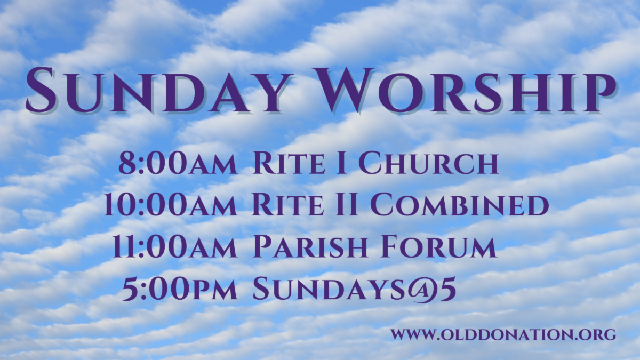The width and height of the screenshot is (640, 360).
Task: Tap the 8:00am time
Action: coord(178,163)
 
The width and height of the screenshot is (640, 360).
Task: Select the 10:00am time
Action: coord(170,205)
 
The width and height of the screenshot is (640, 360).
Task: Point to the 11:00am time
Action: coord(175,246)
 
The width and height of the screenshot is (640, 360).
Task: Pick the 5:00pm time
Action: coord(180,289)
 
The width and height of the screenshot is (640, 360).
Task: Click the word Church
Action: coord(428,163)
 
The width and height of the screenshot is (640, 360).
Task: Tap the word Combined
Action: coord(459,205)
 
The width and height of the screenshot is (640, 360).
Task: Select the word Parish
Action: coord(310,246)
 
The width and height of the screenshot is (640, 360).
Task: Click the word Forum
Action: coord(439,246)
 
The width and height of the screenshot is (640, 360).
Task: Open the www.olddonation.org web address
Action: coord(503,334)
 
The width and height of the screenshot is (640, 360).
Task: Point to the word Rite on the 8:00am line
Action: coord(289,163)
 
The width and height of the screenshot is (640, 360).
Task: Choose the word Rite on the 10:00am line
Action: coord(287,205)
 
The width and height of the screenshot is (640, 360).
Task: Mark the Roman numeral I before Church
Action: coord(342,163)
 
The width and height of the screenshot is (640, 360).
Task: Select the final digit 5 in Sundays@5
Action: coord(449,289)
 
